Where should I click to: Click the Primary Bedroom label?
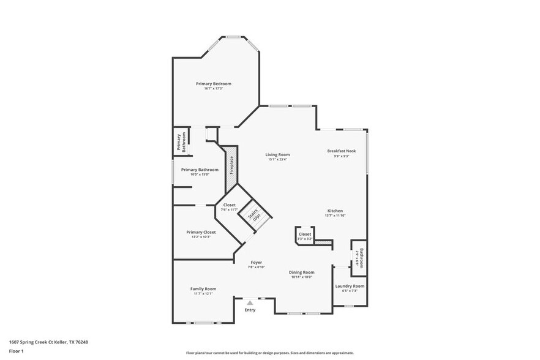coord(214,83)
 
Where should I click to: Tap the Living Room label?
coord(277,154)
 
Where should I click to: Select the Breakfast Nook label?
coord(341,151)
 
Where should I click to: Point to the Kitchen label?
coord(335,211)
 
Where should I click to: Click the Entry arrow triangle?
coord(250,302)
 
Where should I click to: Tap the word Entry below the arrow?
coord(250,310)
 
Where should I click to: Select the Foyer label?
coord(256,262)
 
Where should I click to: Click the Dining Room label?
coord(302,272)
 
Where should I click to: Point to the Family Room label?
coord(203,288)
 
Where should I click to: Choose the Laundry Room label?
coord(350,286)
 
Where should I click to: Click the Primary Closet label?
coord(201,232)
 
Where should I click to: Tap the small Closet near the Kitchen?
coord(305,234)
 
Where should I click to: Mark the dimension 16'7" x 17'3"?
coord(214,89)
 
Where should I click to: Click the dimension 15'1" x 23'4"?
coord(277,160)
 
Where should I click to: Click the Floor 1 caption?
coord(16,351)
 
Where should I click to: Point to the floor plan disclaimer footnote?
coord(270,353)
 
